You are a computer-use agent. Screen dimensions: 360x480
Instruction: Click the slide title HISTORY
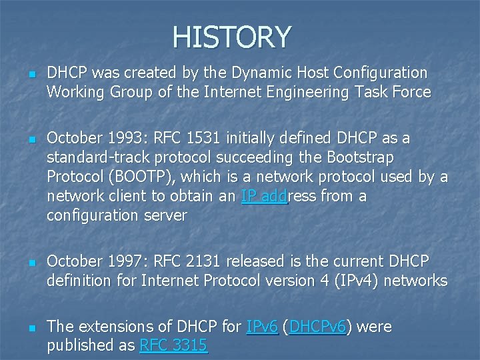(x=231, y=37)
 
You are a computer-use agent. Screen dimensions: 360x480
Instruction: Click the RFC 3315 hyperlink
(x=173, y=345)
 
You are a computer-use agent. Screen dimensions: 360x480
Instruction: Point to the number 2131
(x=203, y=261)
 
